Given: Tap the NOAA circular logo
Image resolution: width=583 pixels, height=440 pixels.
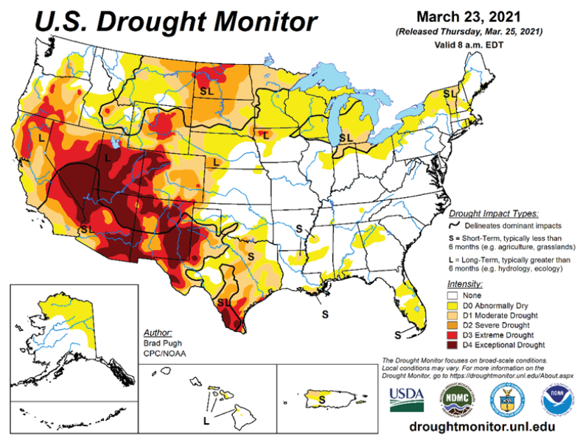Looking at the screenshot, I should [x=554, y=401].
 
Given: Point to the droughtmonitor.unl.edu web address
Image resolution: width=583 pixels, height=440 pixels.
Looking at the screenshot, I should [x=479, y=427].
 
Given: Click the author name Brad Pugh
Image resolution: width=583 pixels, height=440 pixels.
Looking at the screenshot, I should [x=158, y=343].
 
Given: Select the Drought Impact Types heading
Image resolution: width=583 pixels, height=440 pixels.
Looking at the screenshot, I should [x=493, y=212].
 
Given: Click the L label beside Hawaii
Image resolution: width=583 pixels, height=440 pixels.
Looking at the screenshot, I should [x=206, y=421].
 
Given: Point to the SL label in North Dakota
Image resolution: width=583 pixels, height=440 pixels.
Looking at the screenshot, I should [x=209, y=91].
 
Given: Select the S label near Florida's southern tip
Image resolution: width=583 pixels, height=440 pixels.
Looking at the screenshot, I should [x=397, y=335].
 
